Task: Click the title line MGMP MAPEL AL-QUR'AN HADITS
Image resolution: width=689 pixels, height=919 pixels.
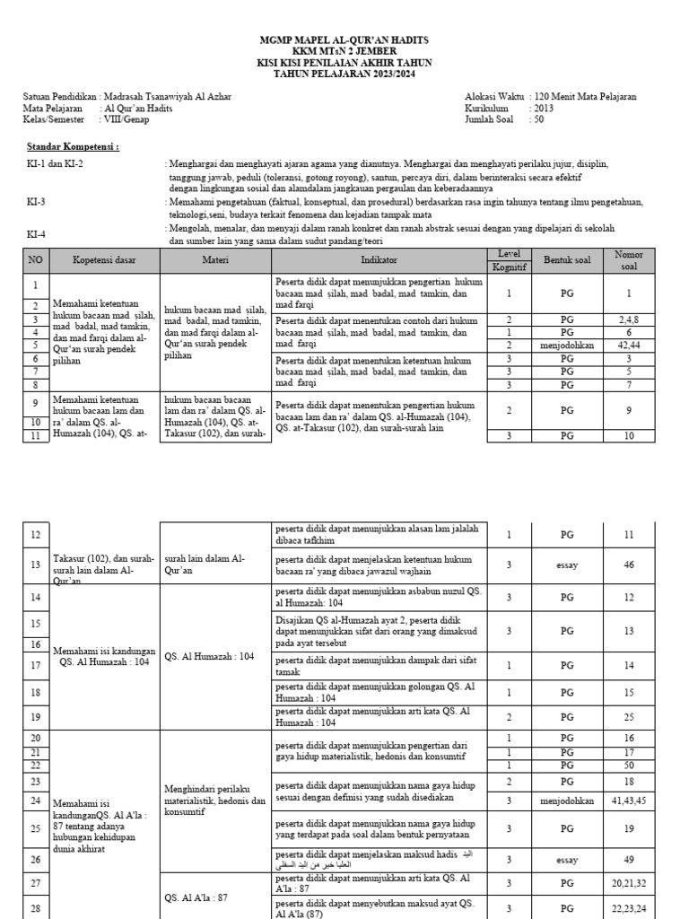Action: click(344, 40)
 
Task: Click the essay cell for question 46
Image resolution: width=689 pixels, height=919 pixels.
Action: click(566, 565)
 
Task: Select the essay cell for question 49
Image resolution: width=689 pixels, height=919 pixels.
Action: click(566, 859)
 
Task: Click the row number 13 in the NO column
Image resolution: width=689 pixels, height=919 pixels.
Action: click(36, 565)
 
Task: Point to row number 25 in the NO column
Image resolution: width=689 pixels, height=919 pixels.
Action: click(36, 829)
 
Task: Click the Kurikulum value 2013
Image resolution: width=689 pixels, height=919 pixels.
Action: click(543, 107)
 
